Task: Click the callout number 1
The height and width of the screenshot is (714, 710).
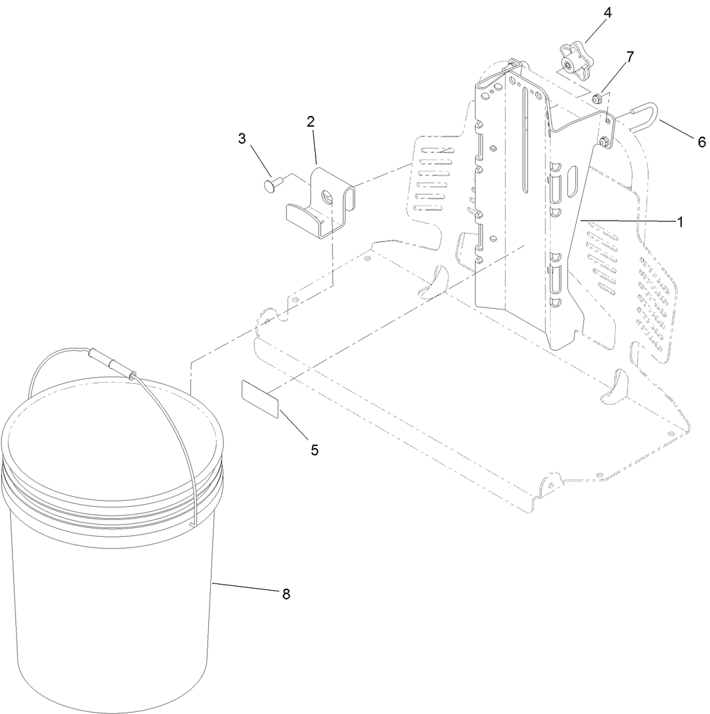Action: point(680,222)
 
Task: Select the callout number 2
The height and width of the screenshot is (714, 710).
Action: point(310,121)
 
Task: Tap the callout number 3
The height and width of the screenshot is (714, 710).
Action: point(242,139)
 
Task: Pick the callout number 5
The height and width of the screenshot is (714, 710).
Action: point(314,449)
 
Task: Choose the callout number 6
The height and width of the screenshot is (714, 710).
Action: point(701,142)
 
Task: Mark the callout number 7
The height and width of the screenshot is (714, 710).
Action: point(629,57)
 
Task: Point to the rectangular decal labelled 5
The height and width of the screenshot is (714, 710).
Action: point(259,398)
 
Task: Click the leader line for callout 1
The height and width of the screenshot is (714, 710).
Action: point(627,221)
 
